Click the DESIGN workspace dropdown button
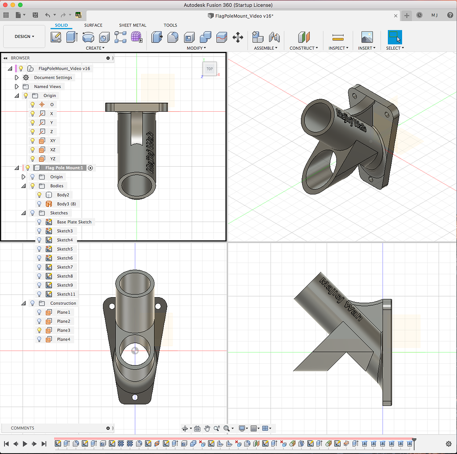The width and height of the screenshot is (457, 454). (x=24, y=37)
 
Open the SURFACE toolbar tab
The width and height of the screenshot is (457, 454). (x=93, y=25)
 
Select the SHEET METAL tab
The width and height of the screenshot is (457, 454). (x=133, y=25)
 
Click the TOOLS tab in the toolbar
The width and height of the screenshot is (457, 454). (x=170, y=25)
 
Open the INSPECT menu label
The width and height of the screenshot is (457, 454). (x=338, y=48)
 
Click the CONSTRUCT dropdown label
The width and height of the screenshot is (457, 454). (x=303, y=48)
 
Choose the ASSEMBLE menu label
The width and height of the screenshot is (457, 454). (x=266, y=48)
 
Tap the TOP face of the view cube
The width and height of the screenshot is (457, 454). (x=209, y=69)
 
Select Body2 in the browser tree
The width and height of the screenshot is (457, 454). (x=63, y=195)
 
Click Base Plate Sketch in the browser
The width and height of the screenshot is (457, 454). (x=74, y=222)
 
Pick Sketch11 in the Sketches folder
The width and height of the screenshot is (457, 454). (x=66, y=294)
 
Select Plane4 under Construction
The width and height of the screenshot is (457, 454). (x=63, y=339)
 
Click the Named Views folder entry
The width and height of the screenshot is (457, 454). (x=47, y=87)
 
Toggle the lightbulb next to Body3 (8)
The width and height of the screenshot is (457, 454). (x=39, y=204)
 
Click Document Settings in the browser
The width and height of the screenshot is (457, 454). (x=53, y=78)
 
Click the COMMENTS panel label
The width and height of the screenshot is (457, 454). (x=22, y=428)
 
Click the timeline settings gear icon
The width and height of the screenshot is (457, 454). (x=449, y=444)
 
